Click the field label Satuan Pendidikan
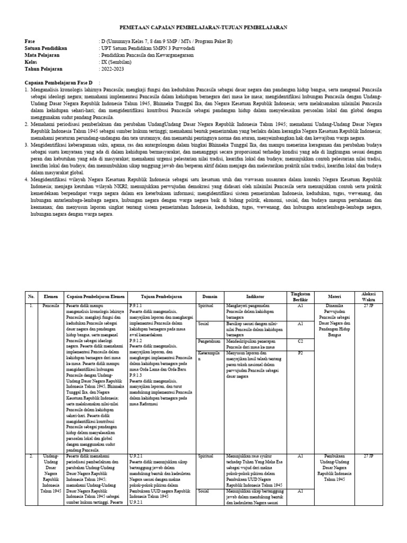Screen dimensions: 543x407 [46, 48]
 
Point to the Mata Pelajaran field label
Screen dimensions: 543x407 [43, 55]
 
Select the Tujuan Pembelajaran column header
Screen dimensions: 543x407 [162, 297]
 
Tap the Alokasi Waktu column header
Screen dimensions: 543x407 [368, 297]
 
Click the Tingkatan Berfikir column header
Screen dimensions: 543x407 [300, 297]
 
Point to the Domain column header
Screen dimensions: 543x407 [210, 297]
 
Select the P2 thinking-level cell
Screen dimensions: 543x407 [300, 352]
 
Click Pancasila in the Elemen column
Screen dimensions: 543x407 [51, 306]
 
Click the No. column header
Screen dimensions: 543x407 [31, 297]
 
